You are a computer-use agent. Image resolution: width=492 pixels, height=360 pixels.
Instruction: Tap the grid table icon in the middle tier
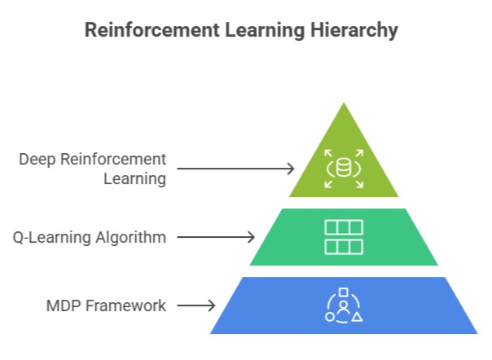pos(344,236)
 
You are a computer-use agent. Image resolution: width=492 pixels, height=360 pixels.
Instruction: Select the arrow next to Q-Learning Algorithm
pos(216,237)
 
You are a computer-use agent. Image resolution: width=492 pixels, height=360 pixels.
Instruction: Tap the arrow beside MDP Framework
pos(195,306)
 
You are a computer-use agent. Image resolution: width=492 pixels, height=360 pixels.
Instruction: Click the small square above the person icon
pos(344,292)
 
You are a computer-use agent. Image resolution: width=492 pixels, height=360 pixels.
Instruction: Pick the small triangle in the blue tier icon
pos(357,315)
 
